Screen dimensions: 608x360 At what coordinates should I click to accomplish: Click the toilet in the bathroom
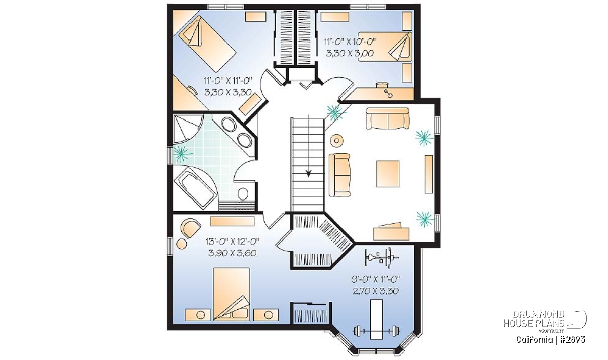tap(243, 194)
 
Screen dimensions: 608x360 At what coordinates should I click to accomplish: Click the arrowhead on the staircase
tap(308, 173)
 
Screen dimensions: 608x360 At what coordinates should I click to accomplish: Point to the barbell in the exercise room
tap(376, 331)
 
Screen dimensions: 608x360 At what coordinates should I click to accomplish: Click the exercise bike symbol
tap(382, 257)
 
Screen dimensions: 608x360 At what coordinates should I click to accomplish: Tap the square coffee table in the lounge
tap(388, 174)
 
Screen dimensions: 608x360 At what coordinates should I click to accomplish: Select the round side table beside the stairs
tap(336, 141)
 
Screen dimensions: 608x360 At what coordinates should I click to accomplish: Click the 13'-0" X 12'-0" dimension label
tap(233, 241)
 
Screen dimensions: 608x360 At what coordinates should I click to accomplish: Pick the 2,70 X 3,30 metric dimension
tap(375, 291)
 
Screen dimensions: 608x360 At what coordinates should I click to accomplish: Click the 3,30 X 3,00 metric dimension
tap(350, 53)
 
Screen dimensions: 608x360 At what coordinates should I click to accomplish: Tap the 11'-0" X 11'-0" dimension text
tap(229, 81)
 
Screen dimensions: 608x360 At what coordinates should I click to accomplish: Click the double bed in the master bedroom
tap(232, 294)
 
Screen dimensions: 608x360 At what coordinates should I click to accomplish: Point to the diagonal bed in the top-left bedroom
tap(207, 44)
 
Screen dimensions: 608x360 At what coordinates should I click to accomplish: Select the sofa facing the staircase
tap(339, 175)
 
